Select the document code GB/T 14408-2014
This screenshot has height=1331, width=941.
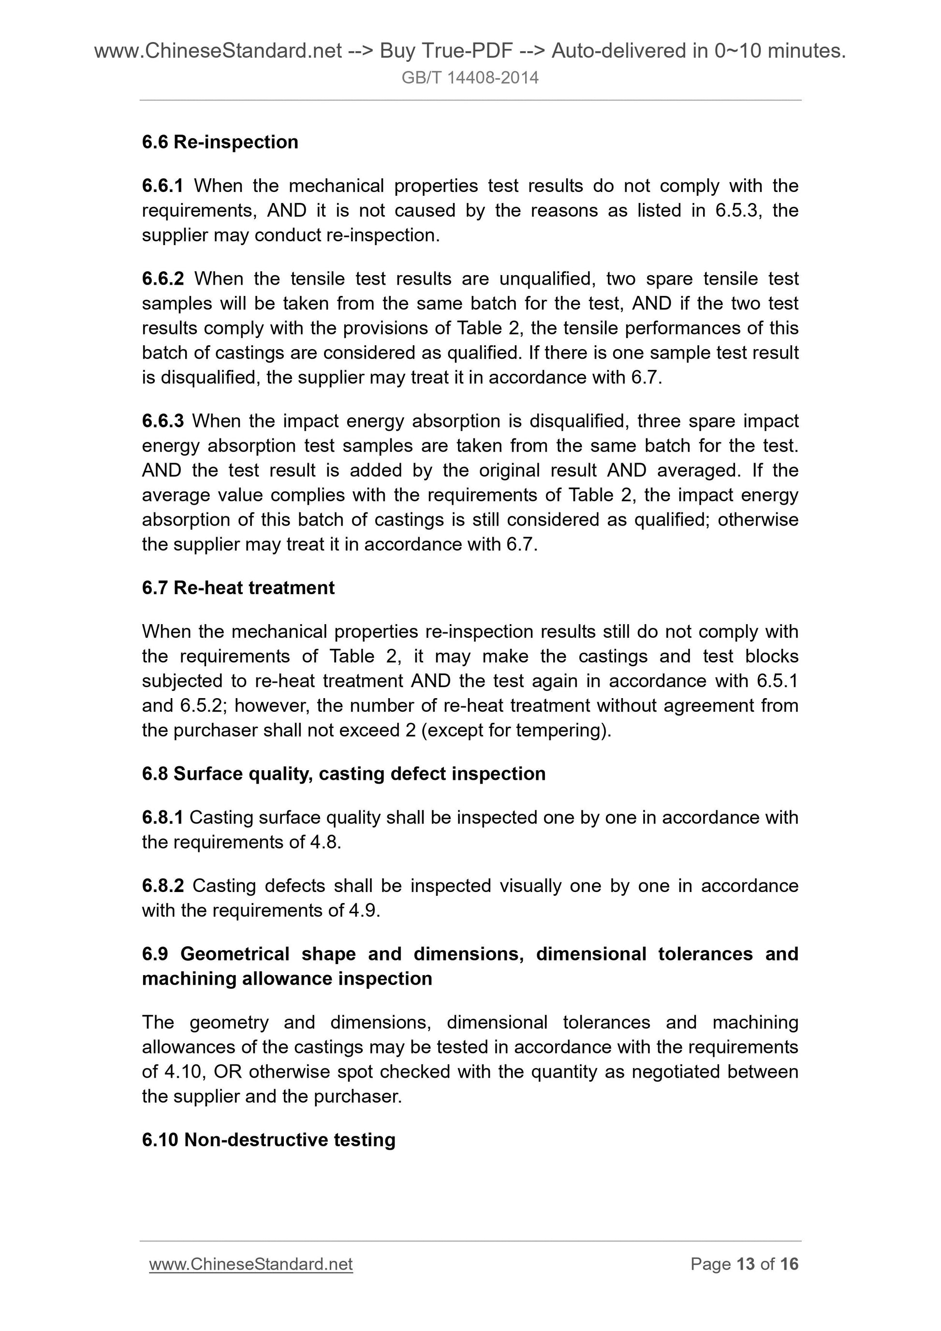tap(470, 78)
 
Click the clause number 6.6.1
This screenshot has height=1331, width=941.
tap(162, 186)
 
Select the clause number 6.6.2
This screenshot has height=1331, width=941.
tap(162, 279)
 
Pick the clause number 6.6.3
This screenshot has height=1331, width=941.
tap(162, 421)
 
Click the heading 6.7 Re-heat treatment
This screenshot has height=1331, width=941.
tap(238, 588)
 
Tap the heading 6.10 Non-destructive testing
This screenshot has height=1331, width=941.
tap(268, 1140)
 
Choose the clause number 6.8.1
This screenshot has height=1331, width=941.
tap(162, 818)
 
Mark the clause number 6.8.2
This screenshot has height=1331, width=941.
tap(162, 886)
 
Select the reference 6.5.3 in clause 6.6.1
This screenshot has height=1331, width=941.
tap(735, 210)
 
